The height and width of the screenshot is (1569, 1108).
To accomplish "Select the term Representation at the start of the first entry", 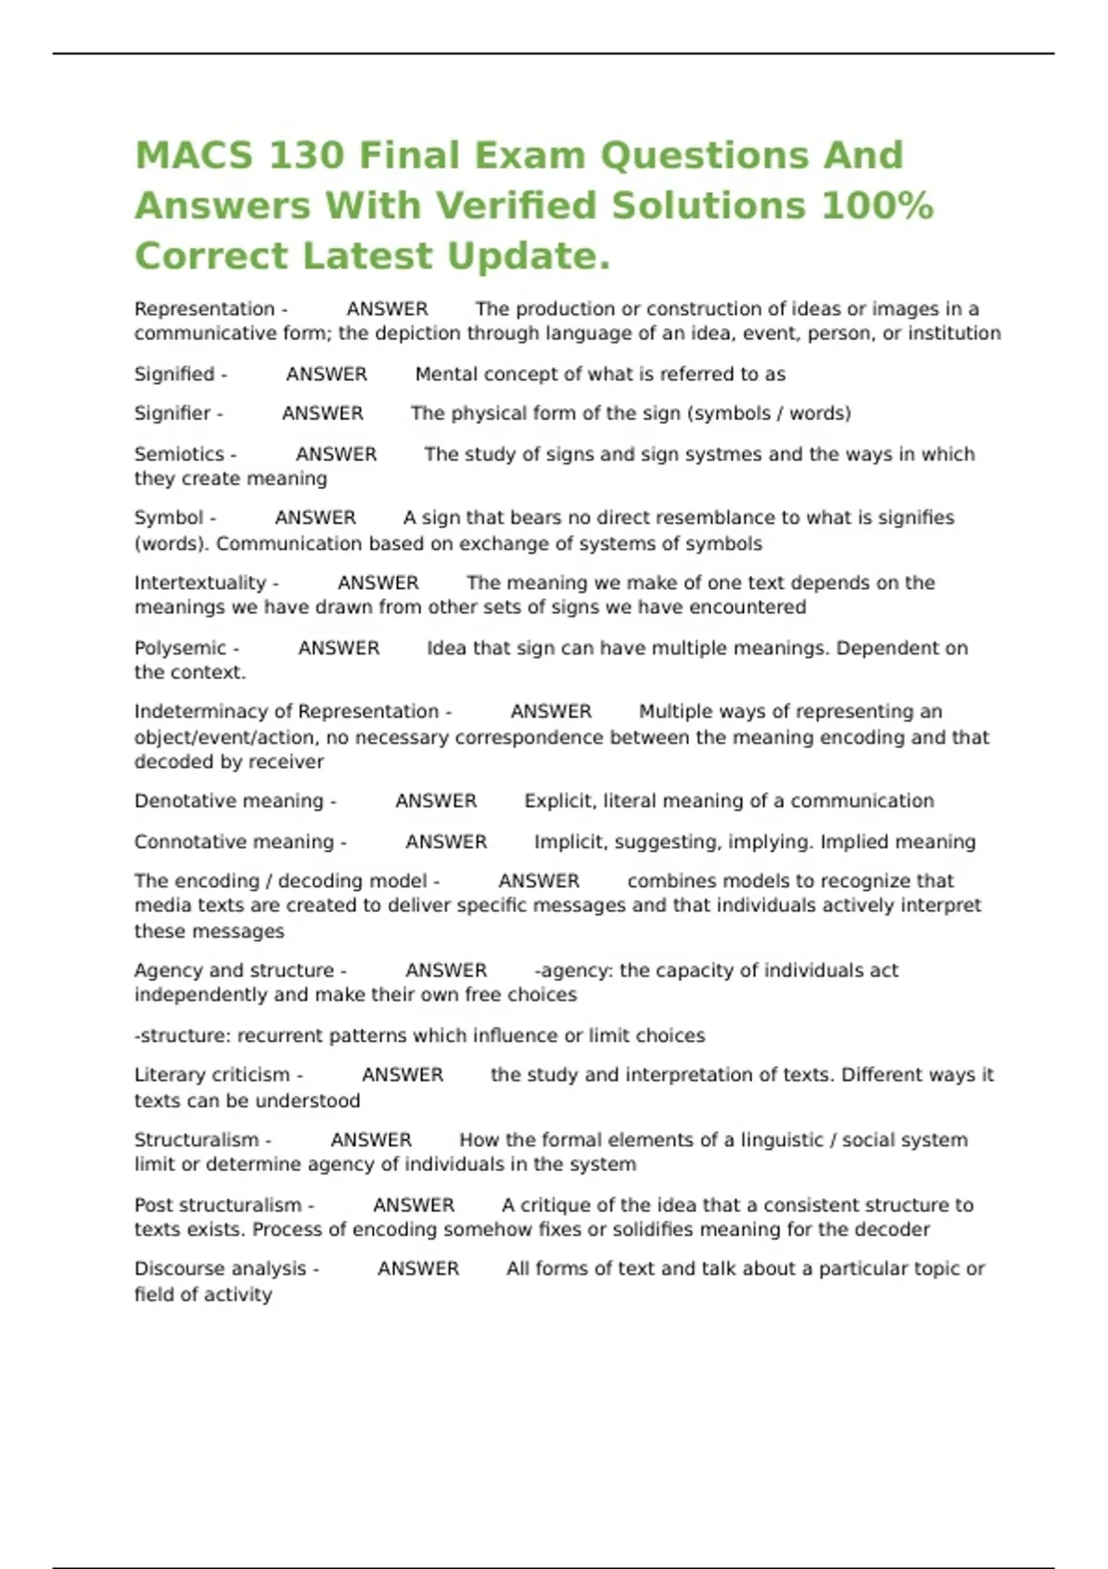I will pyautogui.click(x=205, y=309).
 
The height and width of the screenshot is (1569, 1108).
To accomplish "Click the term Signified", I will pyautogui.click(x=175, y=374).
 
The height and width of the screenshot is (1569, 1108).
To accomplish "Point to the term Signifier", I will pyautogui.click(x=173, y=413).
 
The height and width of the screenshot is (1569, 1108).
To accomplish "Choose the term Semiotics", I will pyautogui.click(x=179, y=454).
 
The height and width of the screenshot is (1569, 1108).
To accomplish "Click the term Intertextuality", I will pyautogui.click(x=200, y=582).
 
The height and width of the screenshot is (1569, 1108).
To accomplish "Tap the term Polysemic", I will pyautogui.click(x=180, y=648).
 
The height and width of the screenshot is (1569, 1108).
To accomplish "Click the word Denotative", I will pyautogui.click(x=176, y=801).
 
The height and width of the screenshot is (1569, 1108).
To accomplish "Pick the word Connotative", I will pyautogui.click(x=182, y=842).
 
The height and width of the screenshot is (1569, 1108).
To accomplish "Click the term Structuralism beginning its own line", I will pyautogui.click(x=197, y=1140).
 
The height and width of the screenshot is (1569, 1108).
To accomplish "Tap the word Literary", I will pyautogui.click(x=167, y=1075).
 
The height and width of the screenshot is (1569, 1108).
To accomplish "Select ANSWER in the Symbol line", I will pyautogui.click(x=315, y=518).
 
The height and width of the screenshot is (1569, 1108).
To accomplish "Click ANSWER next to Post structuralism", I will pyautogui.click(x=414, y=1205).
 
